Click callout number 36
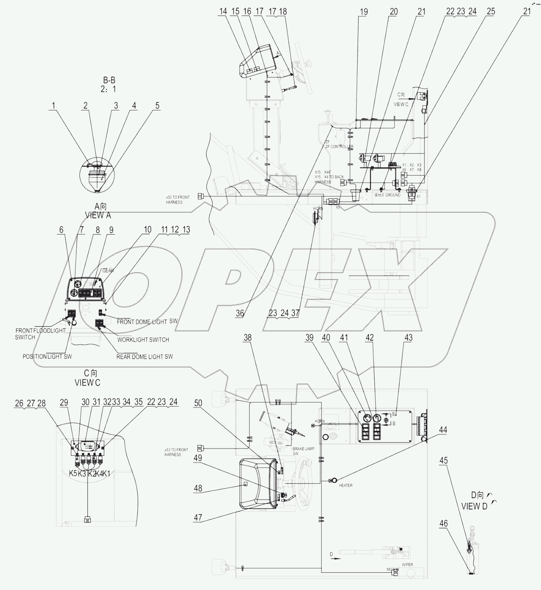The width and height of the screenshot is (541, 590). click(x=240, y=313)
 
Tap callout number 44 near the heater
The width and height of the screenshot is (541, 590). click(x=443, y=430)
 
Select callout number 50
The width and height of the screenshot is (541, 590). click(x=198, y=403)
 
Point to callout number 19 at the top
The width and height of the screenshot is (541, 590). click(x=363, y=12)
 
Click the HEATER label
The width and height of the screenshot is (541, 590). click(x=345, y=485)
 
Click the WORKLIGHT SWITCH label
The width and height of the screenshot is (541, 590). click(x=143, y=340)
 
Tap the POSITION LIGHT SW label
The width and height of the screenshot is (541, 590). click(x=47, y=357)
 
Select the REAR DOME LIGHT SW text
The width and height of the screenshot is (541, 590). click(x=144, y=357)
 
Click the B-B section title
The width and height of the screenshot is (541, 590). click(x=109, y=81)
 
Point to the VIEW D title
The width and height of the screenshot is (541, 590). click(x=474, y=506)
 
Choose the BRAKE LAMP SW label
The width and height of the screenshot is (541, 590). click(x=304, y=449)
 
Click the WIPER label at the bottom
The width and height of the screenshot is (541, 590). click(x=407, y=565)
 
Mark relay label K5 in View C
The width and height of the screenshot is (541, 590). click(x=73, y=473)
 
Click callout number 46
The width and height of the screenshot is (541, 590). click(x=443, y=524)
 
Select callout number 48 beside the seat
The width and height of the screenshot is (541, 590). click(x=198, y=488)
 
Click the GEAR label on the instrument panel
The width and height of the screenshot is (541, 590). click(x=108, y=270)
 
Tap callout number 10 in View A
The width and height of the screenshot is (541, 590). click(x=148, y=229)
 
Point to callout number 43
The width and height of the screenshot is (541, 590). click(x=408, y=338)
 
